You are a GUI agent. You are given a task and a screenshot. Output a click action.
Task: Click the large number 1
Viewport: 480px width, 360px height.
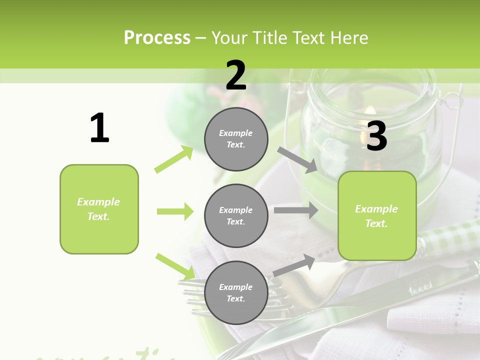pos(99,128)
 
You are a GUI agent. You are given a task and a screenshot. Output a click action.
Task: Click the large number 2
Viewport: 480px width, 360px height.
pos(236,76)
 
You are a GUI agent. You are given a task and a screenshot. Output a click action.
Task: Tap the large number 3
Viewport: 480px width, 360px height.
pos(376,136)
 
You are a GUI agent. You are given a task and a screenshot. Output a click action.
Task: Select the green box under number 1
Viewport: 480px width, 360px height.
pos(99,209)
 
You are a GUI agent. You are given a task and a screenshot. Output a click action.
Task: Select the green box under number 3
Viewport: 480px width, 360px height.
pos(377,215)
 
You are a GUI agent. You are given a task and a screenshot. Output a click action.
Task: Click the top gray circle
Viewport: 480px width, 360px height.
pos(236,139)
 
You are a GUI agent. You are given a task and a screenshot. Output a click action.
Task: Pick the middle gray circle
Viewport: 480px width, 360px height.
pos(236,215)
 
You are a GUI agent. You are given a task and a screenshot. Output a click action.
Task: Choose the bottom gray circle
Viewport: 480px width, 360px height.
pos(236,292)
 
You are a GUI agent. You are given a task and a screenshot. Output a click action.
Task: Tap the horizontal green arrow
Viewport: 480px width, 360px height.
pos(175,211)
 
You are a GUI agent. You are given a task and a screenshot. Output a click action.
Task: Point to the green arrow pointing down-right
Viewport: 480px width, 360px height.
pos(175,266)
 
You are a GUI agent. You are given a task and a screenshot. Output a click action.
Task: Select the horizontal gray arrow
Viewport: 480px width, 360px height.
pos(295,210)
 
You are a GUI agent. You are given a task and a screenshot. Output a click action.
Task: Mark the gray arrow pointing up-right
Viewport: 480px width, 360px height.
pos(294,265)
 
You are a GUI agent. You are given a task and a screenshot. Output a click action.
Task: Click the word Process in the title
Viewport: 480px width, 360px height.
pos(157,38)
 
